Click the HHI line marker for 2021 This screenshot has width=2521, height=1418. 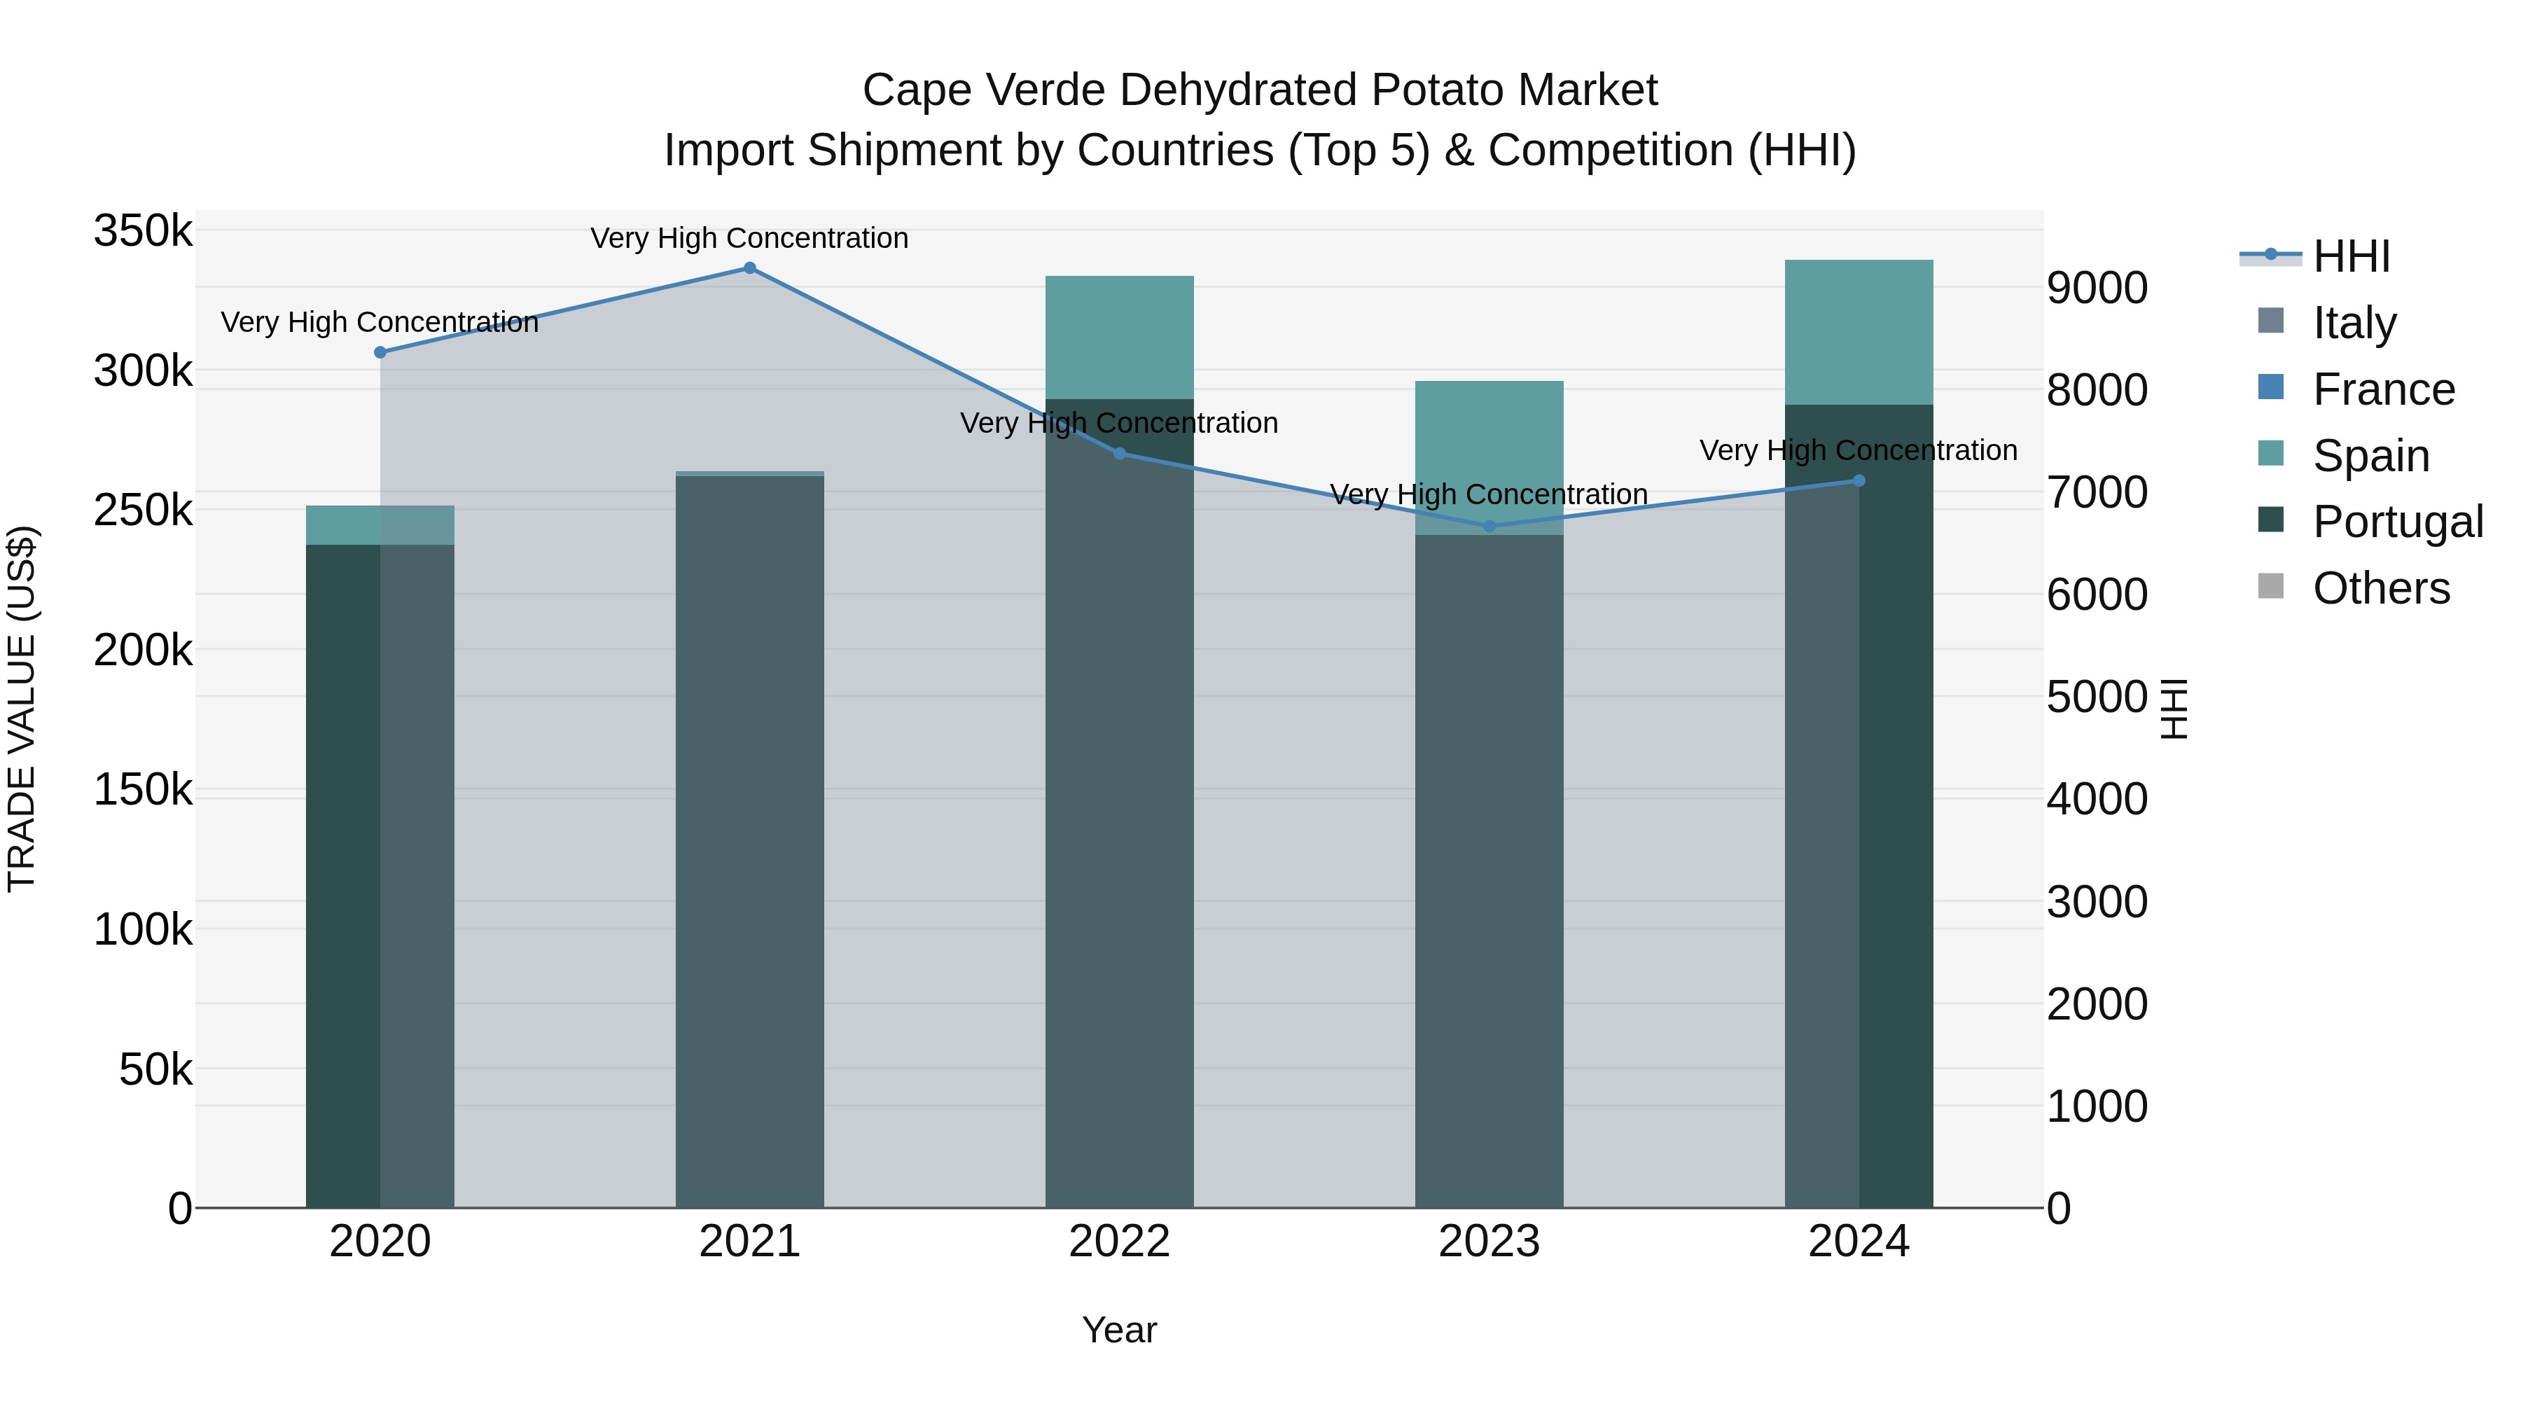749,268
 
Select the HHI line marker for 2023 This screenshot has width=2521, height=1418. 1489,527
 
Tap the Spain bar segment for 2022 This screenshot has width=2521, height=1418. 1120,338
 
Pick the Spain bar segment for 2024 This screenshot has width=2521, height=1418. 1859,333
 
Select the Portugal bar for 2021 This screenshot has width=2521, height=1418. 749,842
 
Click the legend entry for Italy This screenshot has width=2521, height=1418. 2354,323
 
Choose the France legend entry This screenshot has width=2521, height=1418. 2383,389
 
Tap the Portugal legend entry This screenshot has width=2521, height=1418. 2397,522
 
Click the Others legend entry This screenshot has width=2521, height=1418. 2380,588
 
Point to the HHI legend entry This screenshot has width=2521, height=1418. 2351,256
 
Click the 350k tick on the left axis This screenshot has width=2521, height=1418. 143,232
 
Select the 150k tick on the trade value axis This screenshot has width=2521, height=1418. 143,788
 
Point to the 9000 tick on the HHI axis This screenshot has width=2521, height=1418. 2096,288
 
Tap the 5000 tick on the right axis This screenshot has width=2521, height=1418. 2096,697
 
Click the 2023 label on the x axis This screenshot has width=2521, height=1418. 1489,1242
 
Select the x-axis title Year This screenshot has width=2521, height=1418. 1120,1330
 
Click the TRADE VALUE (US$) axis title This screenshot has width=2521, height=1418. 22,709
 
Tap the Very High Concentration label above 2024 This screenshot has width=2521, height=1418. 1859,450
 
